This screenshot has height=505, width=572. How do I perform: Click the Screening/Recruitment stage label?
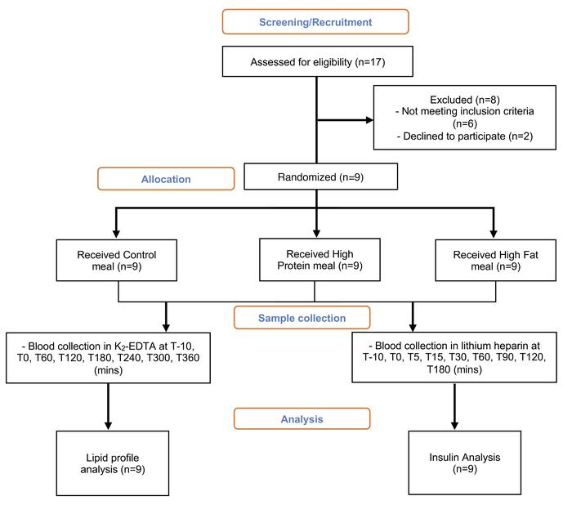(315, 22)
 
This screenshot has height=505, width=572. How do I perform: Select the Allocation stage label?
(166, 179)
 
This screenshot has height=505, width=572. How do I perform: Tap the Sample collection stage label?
(302, 318)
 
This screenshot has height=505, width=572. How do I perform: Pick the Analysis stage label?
(302, 419)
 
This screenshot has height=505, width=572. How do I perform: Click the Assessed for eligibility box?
(318, 61)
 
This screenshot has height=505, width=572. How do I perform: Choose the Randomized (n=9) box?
(320, 177)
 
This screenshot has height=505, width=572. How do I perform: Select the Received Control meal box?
(117, 260)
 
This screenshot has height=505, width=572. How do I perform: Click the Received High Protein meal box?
(320, 259)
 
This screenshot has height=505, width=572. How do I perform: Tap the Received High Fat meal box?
(496, 260)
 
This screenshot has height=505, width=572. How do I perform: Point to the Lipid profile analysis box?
(113, 463)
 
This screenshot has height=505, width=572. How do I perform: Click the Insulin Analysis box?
(465, 463)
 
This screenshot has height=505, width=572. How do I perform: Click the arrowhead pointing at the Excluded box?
(370, 119)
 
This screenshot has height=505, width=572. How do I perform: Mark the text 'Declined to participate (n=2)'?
(468, 136)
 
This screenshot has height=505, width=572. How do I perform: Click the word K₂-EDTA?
(136, 346)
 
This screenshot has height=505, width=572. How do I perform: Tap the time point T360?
(187, 358)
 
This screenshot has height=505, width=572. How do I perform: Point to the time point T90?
(505, 357)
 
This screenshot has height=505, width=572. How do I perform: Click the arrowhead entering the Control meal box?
(116, 234)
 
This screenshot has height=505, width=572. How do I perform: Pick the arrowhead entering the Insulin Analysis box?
(454, 426)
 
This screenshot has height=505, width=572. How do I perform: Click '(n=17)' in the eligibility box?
(370, 62)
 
